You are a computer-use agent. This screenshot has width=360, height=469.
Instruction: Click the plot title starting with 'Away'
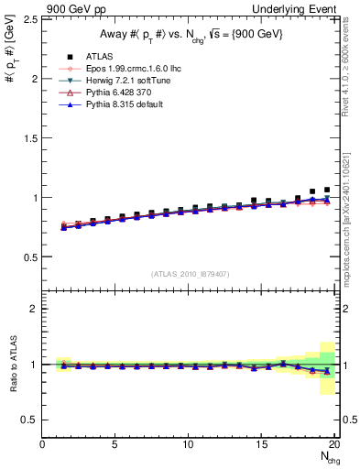pos(190,34)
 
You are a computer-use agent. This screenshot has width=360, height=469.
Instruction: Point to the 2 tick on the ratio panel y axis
pos(35,309)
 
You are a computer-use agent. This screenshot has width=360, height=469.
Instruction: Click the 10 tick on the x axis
pos(189,445)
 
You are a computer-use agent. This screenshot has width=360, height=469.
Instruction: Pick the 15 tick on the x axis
pos(262,445)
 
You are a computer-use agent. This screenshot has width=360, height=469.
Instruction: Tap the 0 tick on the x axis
pos(43,445)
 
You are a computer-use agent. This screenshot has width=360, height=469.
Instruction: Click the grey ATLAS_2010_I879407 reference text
pos(190,272)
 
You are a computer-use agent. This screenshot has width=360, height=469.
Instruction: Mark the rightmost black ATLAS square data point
pos(327,190)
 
